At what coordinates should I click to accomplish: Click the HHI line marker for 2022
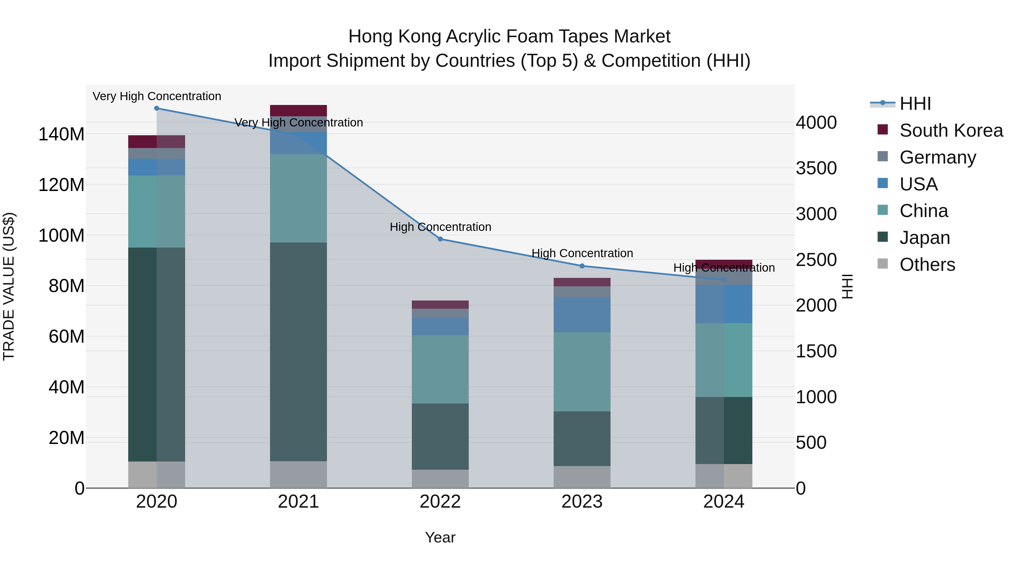pos(440,239)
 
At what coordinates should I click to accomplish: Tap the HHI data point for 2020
pos(157,108)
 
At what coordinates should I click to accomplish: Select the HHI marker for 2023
pos(582,266)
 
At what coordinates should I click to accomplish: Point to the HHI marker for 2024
pos(724,280)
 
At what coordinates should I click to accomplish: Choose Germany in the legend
pos(937,157)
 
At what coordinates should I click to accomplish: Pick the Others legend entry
pos(927,265)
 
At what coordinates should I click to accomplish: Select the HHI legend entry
pos(915,104)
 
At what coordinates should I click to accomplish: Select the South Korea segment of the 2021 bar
pos(298,110)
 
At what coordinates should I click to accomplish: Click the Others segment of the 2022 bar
pos(440,478)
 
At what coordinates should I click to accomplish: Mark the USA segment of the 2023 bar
pos(582,314)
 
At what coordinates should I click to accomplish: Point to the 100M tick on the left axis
pos(61,236)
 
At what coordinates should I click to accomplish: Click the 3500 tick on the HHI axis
pos(816,168)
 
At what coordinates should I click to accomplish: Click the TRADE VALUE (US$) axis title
pos(9,286)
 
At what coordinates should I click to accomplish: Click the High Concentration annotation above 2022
pos(440,227)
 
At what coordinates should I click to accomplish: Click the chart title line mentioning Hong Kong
pos(509,37)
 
